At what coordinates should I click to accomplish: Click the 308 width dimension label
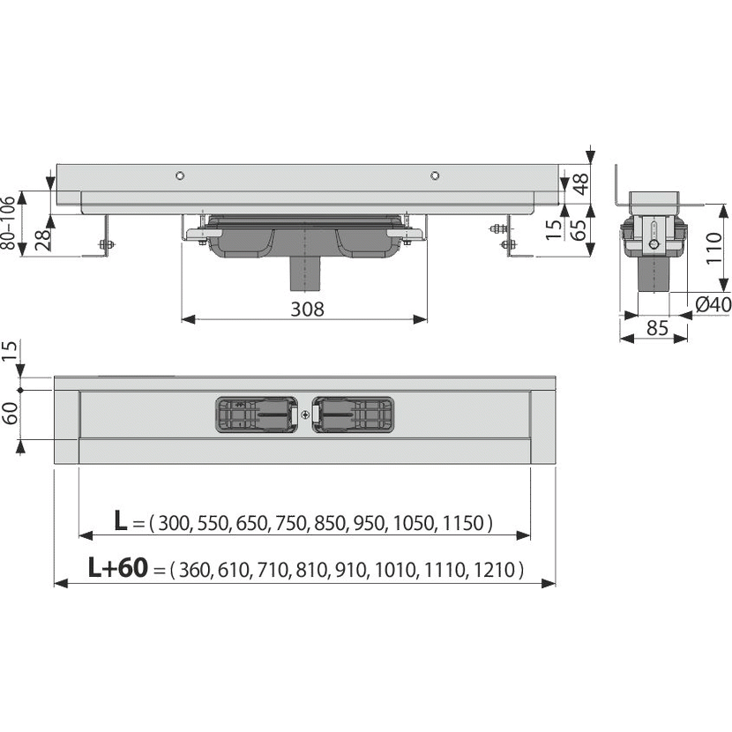point(307,309)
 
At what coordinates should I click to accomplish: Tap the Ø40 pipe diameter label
point(713,304)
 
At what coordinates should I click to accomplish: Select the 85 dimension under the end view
point(657,328)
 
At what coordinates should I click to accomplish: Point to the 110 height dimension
point(713,248)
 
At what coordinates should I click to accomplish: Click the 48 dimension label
point(580,184)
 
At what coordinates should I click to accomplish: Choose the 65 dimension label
point(579,229)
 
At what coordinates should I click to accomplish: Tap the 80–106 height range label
point(8,222)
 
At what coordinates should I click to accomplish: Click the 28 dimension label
point(42,240)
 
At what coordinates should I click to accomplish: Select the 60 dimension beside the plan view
point(10,413)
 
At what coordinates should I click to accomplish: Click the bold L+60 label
point(118,567)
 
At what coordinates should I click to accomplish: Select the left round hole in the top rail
point(180,176)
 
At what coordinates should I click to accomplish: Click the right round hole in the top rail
point(435,176)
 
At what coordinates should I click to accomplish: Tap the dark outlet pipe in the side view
point(305,273)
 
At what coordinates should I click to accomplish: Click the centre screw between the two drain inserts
point(305,415)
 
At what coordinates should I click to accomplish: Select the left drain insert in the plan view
point(257,415)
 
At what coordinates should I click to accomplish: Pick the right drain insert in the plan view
point(353,415)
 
